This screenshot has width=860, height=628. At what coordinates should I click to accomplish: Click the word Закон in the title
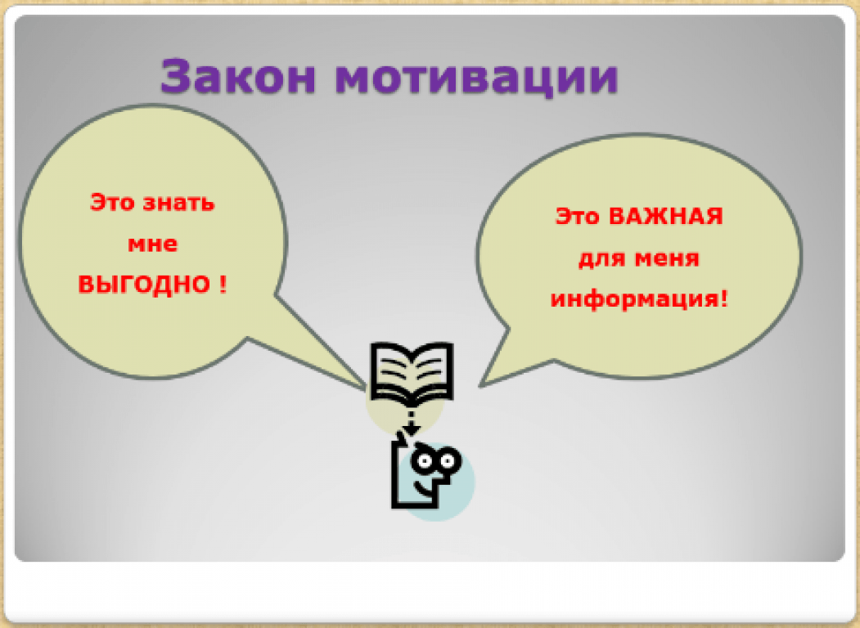pyautogui.click(x=238, y=76)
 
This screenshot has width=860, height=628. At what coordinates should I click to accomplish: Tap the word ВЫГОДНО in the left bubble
pyautogui.click(x=144, y=285)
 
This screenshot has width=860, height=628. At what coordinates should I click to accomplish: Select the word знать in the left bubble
pyautogui.click(x=179, y=203)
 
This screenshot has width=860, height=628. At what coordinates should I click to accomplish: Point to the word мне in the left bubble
pyautogui.click(x=152, y=244)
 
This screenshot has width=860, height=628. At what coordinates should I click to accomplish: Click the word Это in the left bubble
pyautogui.click(x=112, y=202)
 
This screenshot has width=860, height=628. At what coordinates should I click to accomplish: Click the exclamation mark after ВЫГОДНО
pyautogui.click(x=222, y=285)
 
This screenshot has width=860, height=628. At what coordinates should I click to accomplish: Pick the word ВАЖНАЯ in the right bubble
pyautogui.click(x=666, y=217)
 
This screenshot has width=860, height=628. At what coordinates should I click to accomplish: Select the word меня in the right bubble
pyautogui.click(x=667, y=258)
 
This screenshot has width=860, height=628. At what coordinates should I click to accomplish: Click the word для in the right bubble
pyautogui.click(x=602, y=258)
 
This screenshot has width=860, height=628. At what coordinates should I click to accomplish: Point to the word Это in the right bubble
pyautogui.click(x=578, y=217)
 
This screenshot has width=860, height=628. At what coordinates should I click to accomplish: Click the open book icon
pyautogui.click(x=412, y=373)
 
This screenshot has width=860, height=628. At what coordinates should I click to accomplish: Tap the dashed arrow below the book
pyautogui.click(x=411, y=421)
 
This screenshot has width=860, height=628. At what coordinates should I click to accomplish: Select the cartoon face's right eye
pyautogui.click(x=448, y=461)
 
